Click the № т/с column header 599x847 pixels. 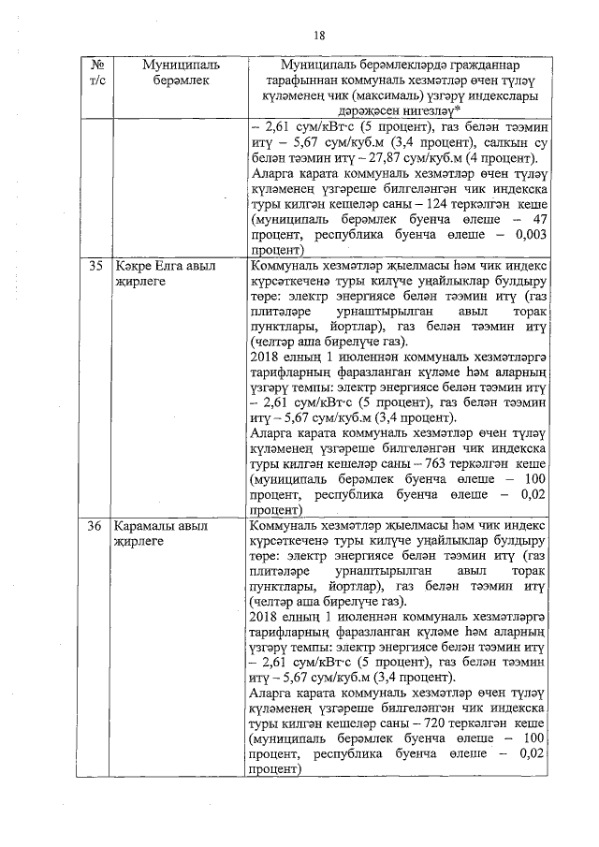tap(95, 73)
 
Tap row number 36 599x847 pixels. tap(95, 526)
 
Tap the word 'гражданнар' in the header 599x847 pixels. tap(478, 65)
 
